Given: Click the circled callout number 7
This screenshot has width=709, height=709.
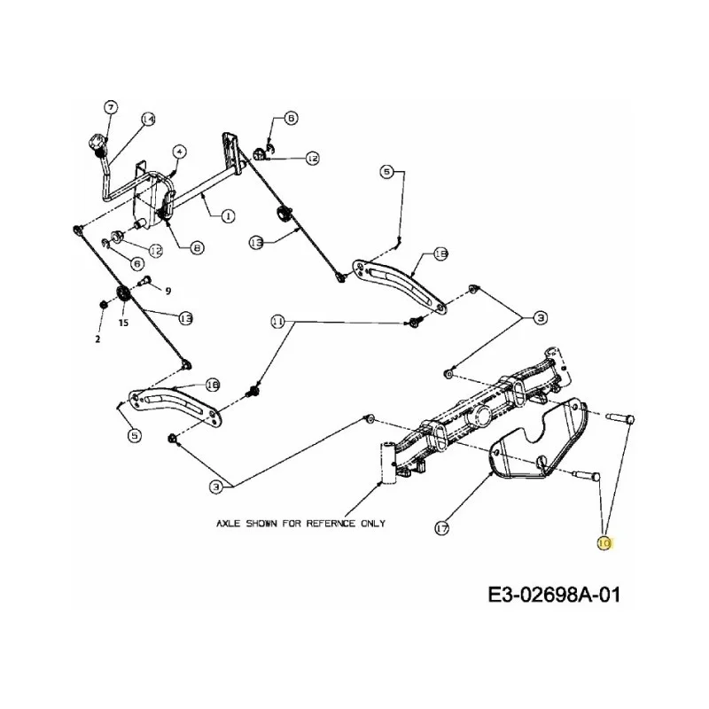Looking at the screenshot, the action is (111, 107).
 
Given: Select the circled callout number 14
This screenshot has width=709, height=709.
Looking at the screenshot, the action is (148, 119).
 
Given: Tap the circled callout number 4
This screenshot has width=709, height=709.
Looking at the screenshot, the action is (180, 152).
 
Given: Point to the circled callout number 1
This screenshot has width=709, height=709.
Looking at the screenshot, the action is (228, 215).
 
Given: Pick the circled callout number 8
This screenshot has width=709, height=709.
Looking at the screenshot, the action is (197, 247).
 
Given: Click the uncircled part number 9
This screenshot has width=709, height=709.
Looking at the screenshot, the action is (168, 291).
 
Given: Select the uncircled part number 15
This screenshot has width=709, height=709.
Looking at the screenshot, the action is (123, 323).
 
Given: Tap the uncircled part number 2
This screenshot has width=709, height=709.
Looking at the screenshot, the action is (97, 339).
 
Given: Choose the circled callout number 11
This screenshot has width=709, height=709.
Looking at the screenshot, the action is (277, 322).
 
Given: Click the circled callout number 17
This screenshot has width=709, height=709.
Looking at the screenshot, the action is (441, 527).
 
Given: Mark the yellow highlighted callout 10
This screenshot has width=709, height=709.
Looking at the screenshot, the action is (604, 542).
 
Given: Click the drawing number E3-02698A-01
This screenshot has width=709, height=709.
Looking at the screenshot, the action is (554, 595).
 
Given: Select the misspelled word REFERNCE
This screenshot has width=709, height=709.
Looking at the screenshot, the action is (331, 523).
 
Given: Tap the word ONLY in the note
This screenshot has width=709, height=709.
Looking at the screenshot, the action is (373, 523).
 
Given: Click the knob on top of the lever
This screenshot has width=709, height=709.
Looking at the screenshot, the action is (97, 143).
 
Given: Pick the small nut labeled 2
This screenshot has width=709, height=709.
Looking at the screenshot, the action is (103, 304).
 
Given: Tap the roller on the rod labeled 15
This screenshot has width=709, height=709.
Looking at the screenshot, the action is (123, 294).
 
